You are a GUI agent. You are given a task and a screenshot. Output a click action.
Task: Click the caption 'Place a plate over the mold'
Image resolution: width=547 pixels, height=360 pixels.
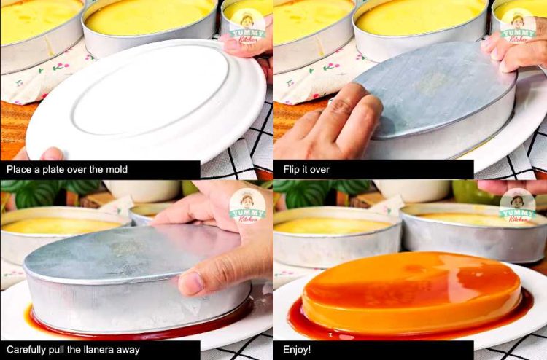coord(67,170)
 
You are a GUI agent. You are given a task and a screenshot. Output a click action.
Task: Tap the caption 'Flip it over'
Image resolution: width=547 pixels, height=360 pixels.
coord(306,170)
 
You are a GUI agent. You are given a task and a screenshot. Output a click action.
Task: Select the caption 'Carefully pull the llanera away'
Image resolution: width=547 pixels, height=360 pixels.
coord(73,350)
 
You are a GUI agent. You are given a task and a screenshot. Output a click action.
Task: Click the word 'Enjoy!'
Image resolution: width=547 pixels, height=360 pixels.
coord(297,350)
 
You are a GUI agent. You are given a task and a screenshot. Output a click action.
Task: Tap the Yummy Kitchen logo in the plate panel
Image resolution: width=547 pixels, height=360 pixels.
coord(248,26)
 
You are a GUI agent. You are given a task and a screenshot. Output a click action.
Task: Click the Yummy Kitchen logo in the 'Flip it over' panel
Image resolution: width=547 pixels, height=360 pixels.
coord(518,26)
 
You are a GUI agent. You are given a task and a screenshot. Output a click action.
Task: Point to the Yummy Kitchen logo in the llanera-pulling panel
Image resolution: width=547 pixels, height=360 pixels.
coord(248,206)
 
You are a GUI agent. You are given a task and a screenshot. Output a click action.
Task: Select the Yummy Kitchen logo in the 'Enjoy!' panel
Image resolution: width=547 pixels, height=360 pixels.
coord(518,206)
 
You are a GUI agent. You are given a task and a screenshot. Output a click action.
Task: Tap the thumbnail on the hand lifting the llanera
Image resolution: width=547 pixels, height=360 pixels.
coord(191,283)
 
